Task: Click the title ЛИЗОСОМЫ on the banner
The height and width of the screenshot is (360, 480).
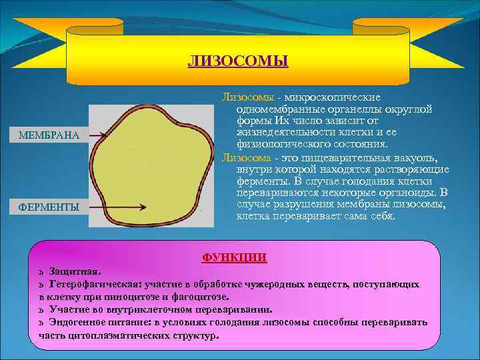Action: (x=238, y=62)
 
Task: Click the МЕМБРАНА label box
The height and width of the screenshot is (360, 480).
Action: (x=49, y=135)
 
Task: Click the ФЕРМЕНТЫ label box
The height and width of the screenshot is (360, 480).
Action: (x=49, y=207)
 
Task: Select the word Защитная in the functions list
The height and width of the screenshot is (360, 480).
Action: (x=75, y=272)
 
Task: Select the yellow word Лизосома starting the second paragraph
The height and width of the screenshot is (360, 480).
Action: (x=246, y=157)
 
